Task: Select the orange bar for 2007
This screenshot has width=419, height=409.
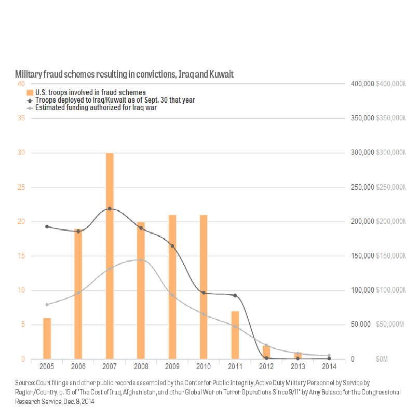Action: click(x=110, y=256)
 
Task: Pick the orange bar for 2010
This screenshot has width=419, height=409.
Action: click(x=204, y=287)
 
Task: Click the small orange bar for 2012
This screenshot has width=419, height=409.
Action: click(x=266, y=353)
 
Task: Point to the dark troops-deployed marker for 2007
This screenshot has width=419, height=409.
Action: click(x=110, y=209)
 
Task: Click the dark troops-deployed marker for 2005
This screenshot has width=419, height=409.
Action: click(x=47, y=226)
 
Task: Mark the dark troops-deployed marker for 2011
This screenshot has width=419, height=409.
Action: click(x=235, y=295)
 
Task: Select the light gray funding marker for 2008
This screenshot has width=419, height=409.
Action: click(x=141, y=260)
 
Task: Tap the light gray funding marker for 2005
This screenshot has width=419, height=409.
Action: click(x=47, y=304)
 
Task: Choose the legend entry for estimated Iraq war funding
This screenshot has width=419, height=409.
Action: click(x=96, y=108)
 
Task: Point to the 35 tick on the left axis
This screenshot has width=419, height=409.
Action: click(x=21, y=118)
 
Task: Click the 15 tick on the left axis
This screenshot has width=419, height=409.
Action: click(x=21, y=256)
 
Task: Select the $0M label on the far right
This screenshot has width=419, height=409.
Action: click(x=382, y=359)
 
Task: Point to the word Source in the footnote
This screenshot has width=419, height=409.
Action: click(x=24, y=383)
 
